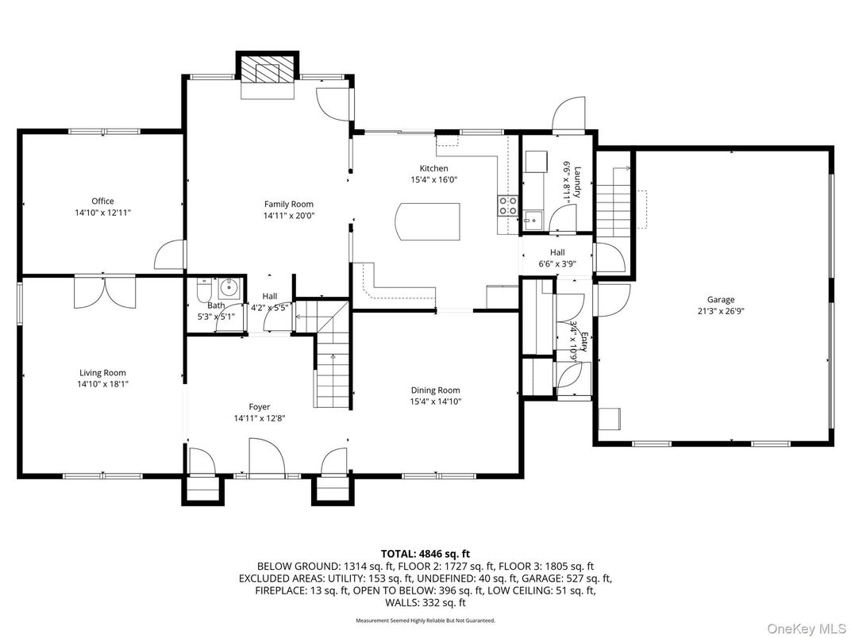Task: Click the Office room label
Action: pos(102,201)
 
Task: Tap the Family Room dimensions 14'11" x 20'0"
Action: pos(290,215)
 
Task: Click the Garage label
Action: pos(721,299)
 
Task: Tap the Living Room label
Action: pos(102,372)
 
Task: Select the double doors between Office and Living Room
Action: pos(106,291)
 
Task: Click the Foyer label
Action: pos(259,406)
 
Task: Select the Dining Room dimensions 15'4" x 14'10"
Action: pos(435,402)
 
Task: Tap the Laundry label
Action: pos(578,182)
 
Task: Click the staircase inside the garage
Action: pos(613,203)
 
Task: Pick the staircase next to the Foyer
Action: pos(332,373)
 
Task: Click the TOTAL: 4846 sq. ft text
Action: pos(425,553)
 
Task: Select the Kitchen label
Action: pos(433,168)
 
